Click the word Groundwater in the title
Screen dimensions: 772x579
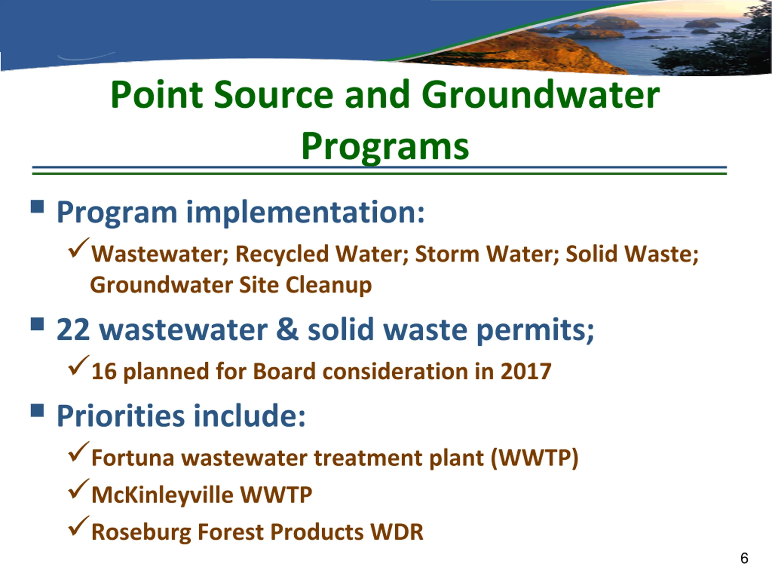point(541,95)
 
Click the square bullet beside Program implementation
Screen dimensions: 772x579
point(37,206)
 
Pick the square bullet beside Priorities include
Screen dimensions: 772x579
point(37,410)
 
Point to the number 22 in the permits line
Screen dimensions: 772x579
point(73,330)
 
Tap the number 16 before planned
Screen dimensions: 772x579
point(104,371)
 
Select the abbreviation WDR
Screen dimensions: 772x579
point(397,532)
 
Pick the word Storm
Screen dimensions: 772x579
point(448,254)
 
